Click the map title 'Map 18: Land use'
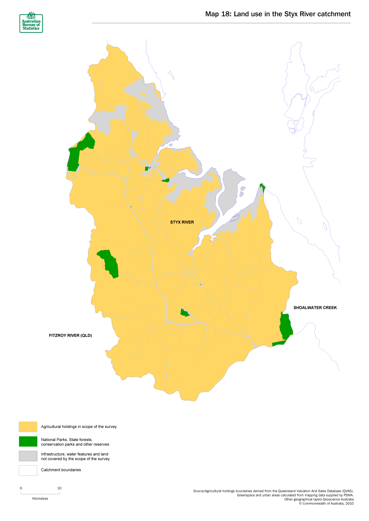point(278,14)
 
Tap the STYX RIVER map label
point(182,222)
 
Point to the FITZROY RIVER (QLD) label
point(70,335)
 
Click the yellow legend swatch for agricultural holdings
point(28,427)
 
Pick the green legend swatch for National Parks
point(28,441)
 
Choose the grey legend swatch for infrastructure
point(28,456)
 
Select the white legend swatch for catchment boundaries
point(28,470)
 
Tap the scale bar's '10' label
point(59,488)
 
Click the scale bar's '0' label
point(21,488)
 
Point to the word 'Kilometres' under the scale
point(40,499)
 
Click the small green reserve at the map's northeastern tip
point(263,187)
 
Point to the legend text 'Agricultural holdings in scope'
point(78,427)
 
